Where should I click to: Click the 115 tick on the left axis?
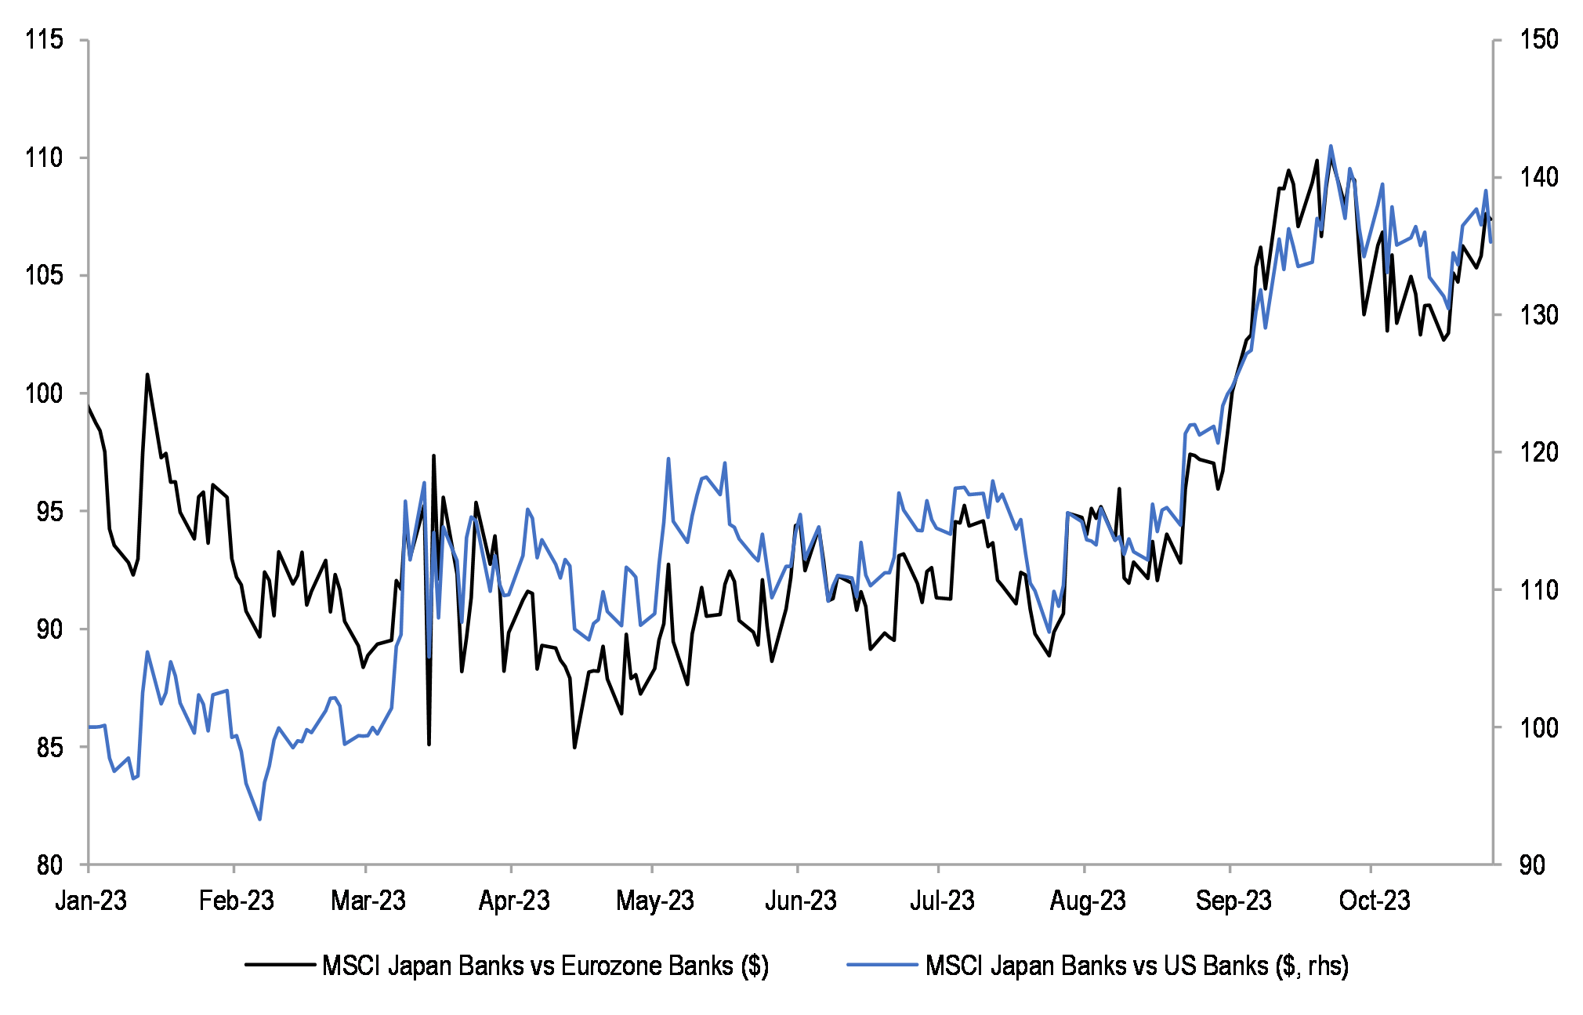43,39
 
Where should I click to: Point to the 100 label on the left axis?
43,393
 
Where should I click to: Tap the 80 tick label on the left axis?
49,865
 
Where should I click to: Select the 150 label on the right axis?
1539,39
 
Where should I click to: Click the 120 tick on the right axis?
1539,452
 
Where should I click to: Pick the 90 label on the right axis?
1532,865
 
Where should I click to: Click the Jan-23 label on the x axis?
91,901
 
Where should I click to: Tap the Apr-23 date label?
514,901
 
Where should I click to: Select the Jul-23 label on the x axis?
941,901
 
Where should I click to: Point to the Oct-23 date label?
1374,901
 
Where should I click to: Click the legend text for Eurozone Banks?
545,966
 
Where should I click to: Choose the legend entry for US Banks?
1136,966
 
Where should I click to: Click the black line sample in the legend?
280,965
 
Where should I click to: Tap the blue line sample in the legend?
882,965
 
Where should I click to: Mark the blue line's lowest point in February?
259,819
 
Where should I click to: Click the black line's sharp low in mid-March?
429,744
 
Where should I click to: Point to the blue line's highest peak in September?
1331,146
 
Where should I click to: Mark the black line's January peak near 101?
147,375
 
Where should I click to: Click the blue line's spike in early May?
668,459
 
